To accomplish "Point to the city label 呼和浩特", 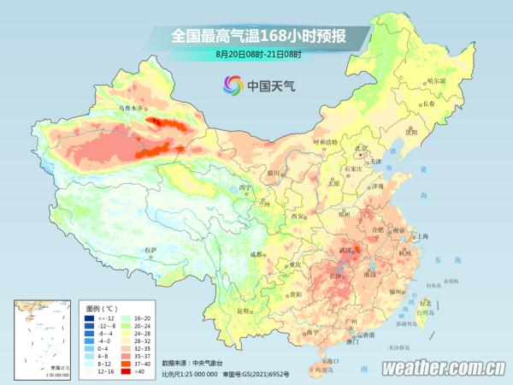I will click(x=325, y=141).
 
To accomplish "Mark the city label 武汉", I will click(x=346, y=249).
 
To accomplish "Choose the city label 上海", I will click(x=421, y=237).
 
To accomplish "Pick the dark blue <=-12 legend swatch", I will click(x=89, y=317).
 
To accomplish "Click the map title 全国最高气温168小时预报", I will click(x=258, y=35).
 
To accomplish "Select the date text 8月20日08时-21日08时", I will click(x=258, y=54).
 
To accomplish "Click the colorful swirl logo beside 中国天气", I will click(x=233, y=84).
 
